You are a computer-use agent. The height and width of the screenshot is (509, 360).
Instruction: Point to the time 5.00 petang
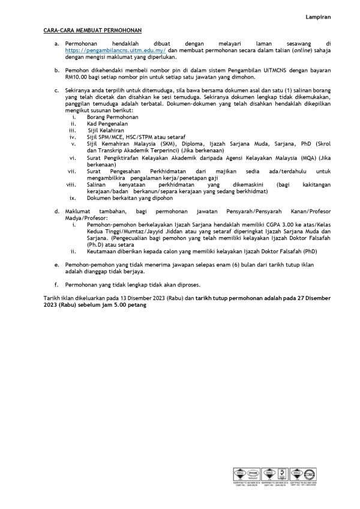tap(130, 304)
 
